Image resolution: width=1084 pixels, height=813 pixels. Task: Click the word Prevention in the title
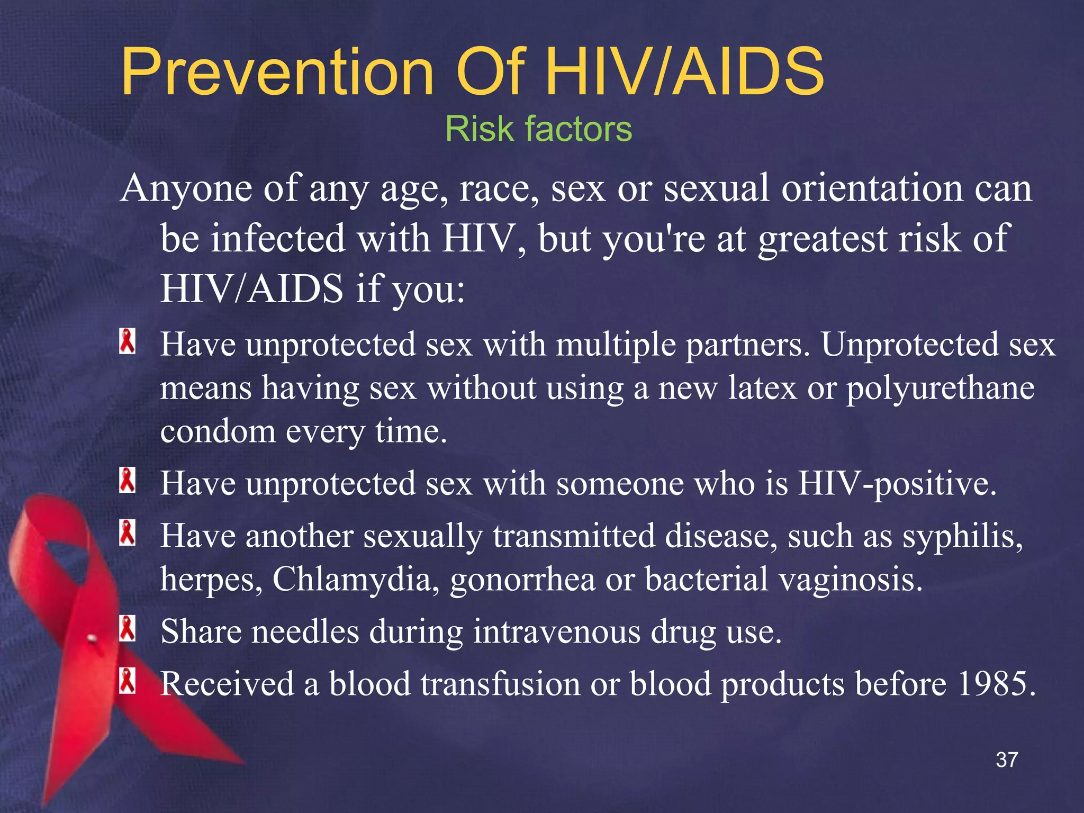(x=277, y=72)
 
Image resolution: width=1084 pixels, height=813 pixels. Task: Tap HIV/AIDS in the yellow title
(x=684, y=72)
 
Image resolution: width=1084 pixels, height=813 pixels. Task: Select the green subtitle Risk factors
(x=538, y=129)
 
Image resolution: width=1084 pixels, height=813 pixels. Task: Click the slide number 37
(x=1007, y=760)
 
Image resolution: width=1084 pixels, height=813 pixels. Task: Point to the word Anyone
(x=186, y=188)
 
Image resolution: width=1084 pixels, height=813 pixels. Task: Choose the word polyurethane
(x=940, y=389)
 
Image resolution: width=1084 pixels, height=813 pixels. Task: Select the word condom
(x=218, y=431)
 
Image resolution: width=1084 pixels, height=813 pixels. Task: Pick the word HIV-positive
(x=897, y=484)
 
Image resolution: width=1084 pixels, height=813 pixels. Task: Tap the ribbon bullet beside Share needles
(x=127, y=628)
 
